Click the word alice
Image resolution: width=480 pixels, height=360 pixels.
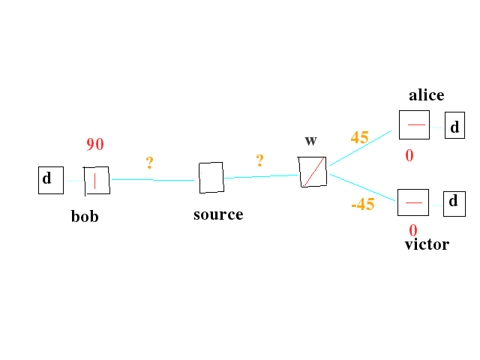426,95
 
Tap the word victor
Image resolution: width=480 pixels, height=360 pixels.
426,244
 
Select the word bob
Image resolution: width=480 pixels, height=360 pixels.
85,217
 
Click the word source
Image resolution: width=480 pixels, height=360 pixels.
218,214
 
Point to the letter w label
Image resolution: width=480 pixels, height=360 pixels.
311,140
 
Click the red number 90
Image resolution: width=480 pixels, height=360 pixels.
95,145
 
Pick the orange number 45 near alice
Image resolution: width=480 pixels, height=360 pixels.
359,138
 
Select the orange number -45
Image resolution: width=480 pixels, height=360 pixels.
362,204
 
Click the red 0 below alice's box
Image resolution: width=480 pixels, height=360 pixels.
409,156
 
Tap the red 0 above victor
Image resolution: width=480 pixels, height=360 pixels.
413,229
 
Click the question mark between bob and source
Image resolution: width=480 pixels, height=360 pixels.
150,163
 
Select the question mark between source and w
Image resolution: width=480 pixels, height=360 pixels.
259,160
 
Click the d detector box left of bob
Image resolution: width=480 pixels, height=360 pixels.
51,180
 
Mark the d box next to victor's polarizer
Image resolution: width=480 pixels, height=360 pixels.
454,202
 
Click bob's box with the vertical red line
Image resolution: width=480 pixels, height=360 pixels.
96,180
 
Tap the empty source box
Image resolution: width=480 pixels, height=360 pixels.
211,178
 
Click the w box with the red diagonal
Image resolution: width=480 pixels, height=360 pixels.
311,172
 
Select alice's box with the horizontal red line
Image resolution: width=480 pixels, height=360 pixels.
414,124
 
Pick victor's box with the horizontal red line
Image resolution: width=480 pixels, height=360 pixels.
413,202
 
